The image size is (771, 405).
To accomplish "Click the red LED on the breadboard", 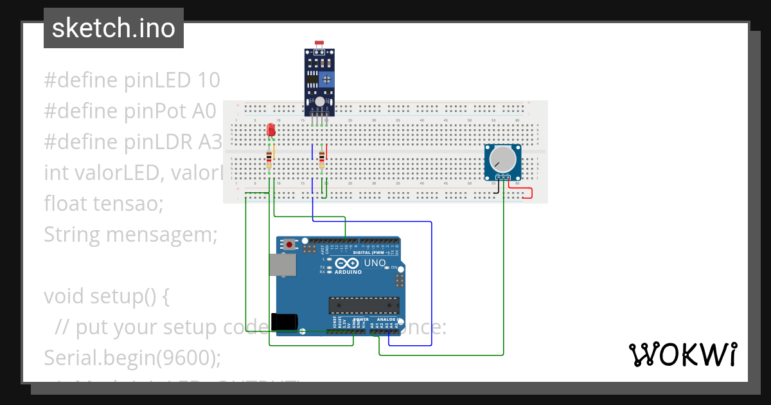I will tap(271, 130).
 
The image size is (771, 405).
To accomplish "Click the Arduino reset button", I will tap(290, 245).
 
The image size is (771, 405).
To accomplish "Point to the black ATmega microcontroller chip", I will tap(364, 306).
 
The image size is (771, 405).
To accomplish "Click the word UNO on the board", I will tap(375, 263).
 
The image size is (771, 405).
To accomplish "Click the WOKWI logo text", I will tap(682, 354).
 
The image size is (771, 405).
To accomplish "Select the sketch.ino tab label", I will tap(114, 28).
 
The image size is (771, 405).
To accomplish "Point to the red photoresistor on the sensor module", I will tap(319, 44).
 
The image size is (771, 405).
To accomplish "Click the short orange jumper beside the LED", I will tap(274, 153).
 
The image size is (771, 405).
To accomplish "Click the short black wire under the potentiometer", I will tap(496, 187).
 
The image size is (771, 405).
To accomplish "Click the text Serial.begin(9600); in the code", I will tap(132, 357).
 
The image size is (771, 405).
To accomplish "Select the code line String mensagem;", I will tap(131, 235).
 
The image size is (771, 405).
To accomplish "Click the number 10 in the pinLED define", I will tap(209, 80).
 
